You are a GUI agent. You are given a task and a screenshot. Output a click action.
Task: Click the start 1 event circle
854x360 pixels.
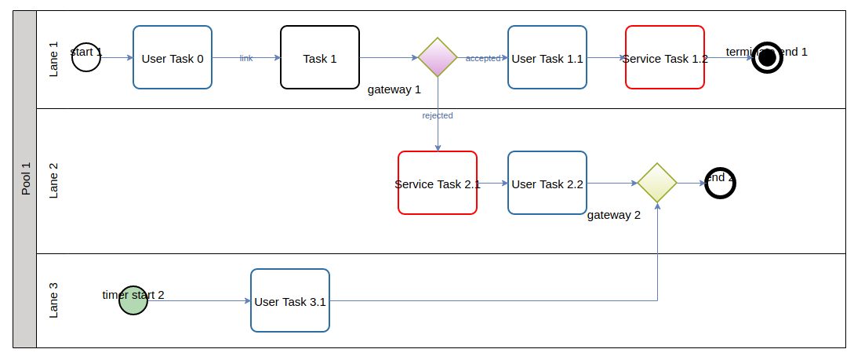tap(86, 57)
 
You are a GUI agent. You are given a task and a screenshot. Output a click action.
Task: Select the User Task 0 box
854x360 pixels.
tap(173, 57)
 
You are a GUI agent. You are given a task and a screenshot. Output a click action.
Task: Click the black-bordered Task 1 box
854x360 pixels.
tap(320, 57)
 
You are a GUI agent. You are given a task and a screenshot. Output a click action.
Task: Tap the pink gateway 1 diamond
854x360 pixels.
tap(438, 57)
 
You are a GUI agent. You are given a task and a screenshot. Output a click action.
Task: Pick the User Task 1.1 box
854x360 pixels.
tap(547, 57)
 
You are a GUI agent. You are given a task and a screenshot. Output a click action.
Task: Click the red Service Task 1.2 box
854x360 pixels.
tap(665, 57)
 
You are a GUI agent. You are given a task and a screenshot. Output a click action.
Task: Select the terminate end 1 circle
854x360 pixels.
tap(767, 57)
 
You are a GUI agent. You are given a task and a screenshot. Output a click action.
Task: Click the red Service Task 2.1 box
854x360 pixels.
tap(438, 183)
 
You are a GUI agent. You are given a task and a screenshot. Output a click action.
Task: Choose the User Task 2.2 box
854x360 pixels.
tap(547, 183)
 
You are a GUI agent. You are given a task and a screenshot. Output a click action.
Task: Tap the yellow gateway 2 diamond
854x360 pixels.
tap(657, 183)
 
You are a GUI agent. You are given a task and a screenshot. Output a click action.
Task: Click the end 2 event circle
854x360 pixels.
tap(720, 183)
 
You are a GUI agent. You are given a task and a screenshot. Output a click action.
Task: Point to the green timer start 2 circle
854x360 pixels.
tap(133, 300)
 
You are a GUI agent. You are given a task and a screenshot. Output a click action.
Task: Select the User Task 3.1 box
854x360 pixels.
tap(290, 300)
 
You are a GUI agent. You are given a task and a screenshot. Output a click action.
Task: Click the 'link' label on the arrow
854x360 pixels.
tap(246, 58)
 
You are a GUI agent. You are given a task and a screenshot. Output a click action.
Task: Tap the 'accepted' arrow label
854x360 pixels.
tap(483, 58)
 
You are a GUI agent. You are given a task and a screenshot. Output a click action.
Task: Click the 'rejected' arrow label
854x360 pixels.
tap(438, 115)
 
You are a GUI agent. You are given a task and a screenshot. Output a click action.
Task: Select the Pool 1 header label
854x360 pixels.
tap(25, 179)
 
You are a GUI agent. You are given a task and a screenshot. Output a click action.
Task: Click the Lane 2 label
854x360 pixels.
tap(54, 181)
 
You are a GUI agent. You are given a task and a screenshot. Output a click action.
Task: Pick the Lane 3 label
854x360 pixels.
tap(54, 300)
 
